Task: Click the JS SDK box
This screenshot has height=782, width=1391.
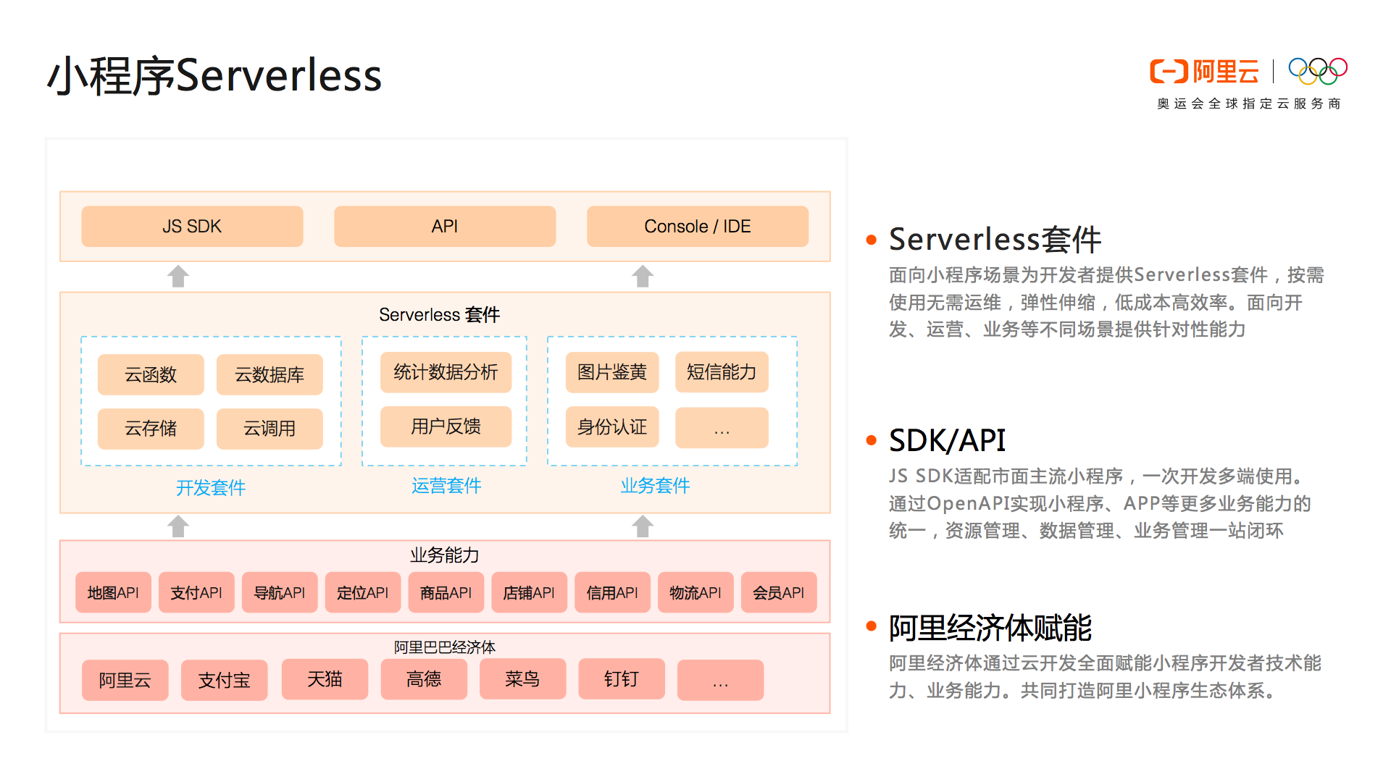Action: point(192,227)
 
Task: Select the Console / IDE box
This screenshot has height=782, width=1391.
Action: point(697,227)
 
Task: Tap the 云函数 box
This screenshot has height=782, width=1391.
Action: point(151,374)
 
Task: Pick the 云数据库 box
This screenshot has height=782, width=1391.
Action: point(269,374)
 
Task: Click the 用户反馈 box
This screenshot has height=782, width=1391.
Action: point(446,426)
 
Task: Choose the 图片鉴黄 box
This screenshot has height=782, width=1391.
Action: point(611,372)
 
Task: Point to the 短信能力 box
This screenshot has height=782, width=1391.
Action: point(721,372)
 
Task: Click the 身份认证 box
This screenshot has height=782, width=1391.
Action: point(611,427)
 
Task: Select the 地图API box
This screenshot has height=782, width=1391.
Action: point(113,593)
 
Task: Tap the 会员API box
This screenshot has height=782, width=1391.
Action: point(778,593)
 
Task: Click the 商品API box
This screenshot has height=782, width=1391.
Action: point(446,593)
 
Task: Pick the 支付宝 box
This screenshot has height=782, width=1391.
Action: point(224,680)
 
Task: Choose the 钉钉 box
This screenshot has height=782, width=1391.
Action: point(621,679)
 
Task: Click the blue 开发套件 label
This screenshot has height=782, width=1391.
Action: point(211,487)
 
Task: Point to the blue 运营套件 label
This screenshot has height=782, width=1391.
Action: point(446,485)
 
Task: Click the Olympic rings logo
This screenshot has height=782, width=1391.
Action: point(1317,71)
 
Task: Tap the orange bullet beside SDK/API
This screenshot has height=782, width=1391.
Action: point(872,440)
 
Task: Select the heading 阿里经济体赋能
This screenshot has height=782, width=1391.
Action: point(990,628)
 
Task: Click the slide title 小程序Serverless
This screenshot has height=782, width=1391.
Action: point(214,75)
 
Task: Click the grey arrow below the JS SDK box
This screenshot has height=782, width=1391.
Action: point(178,276)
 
